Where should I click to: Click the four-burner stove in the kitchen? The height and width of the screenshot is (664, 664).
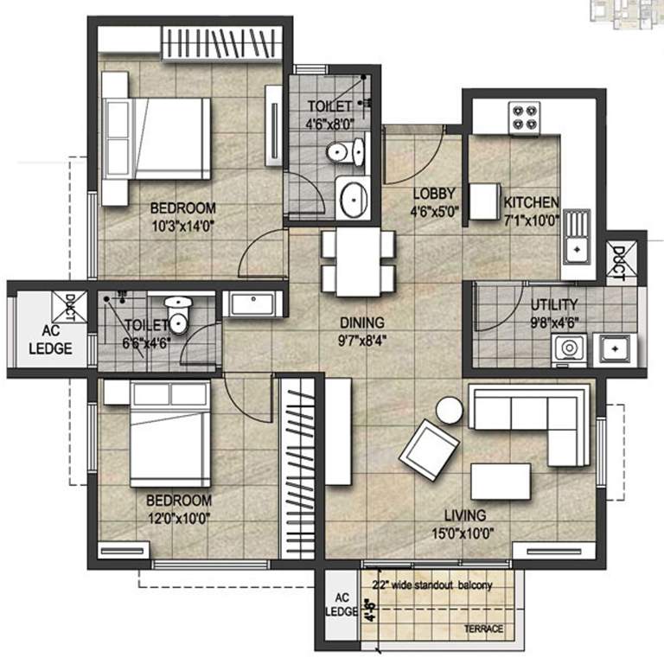524,118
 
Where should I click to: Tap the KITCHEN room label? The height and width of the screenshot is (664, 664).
531,202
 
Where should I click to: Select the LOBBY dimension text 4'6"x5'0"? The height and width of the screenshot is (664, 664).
435,211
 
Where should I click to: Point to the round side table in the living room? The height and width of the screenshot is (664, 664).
450,410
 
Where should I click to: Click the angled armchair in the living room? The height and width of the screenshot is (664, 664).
430,450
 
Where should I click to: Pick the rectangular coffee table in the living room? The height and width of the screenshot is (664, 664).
501,482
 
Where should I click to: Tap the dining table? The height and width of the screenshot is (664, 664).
358,262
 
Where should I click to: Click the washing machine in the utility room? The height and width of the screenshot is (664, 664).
569,350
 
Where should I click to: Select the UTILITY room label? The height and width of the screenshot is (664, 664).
554,304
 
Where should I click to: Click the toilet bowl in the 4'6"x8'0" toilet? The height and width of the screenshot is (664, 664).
346,152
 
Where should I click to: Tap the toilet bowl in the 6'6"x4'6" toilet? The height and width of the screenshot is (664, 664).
178,316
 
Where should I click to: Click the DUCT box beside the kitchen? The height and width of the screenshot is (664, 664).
622,264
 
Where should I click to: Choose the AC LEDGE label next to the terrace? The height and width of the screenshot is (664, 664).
342,604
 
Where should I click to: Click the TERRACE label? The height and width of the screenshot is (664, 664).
483,629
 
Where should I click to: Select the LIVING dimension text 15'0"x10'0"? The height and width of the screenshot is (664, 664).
463,533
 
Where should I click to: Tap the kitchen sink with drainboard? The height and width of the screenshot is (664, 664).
577,236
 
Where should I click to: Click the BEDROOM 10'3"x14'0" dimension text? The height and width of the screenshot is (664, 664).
183,227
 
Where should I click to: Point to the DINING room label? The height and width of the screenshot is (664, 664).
362,323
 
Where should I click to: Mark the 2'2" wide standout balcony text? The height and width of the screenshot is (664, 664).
432,585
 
